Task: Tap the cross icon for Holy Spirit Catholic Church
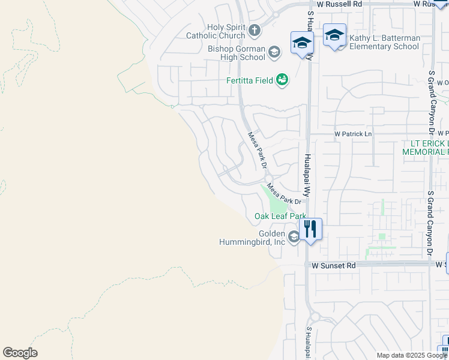[x=254, y=29]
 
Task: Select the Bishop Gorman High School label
[x=237, y=53]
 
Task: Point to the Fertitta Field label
[x=250, y=80]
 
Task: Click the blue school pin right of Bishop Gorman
[x=302, y=43]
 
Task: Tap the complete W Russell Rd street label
[x=340, y=4]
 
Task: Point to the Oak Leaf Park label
[x=280, y=216]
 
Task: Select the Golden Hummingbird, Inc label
[x=255, y=238]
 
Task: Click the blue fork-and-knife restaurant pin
[x=310, y=229]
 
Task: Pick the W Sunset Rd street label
[x=334, y=265]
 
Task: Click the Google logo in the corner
[x=20, y=353]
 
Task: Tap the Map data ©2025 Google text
[x=411, y=355]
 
